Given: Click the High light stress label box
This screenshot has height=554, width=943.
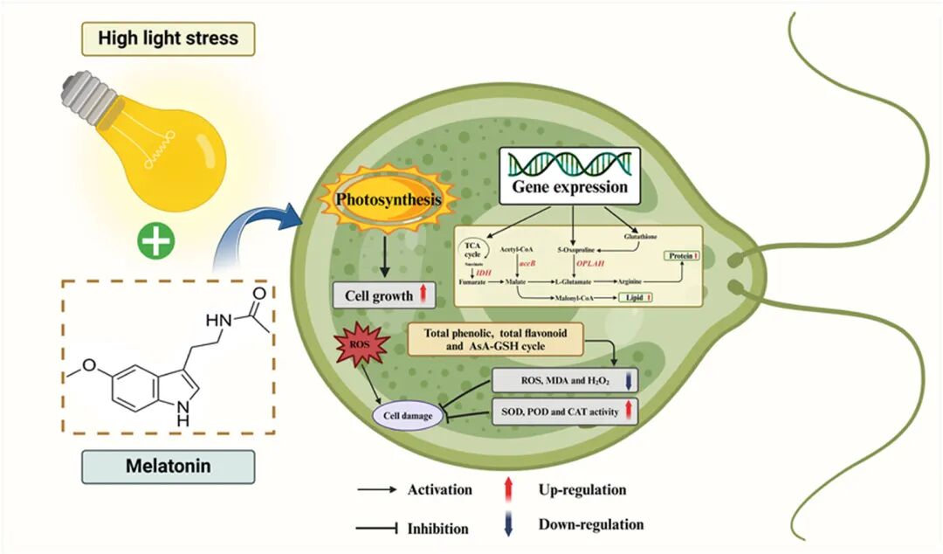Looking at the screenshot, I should pos(168,39).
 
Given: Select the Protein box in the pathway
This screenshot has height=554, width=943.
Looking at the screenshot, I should pos(685,256).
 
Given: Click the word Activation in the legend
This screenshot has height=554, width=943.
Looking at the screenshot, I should pos(439,489).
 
